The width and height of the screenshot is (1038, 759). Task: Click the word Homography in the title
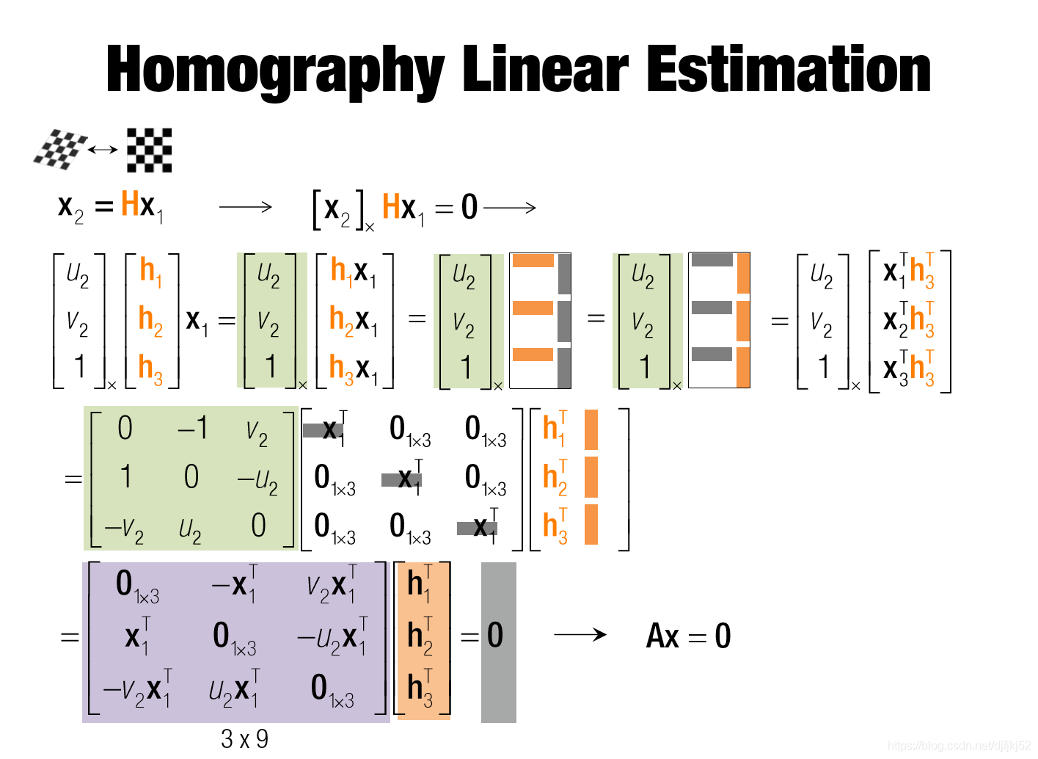[x=275, y=70]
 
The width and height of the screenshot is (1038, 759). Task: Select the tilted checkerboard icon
[x=59, y=149]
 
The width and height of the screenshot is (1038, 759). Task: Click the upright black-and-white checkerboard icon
[x=149, y=150]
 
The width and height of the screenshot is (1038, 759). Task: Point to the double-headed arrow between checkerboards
[x=103, y=150]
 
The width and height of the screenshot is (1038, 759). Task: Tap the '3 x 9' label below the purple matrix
[x=244, y=738]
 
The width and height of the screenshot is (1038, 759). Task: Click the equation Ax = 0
[x=688, y=636]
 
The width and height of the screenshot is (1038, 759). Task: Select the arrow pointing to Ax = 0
[x=580, y=634]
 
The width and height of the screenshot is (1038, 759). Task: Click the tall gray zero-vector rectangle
[x=499, y=642]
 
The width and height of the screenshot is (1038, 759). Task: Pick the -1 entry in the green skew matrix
[x=193, y=428]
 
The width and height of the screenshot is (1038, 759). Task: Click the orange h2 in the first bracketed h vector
[x=150, y=320]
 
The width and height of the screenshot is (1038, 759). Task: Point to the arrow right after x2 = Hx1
[x=245, y=208]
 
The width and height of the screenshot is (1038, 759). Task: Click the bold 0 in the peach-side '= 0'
[x=495, y=635]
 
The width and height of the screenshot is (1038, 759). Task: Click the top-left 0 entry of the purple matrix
[x=136, y=585]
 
